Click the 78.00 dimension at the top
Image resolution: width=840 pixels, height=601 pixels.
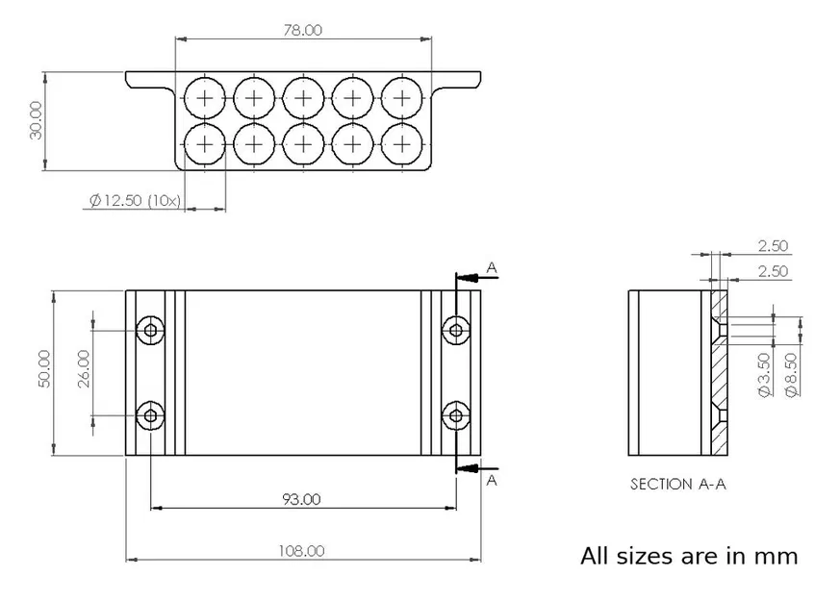coord(302,30)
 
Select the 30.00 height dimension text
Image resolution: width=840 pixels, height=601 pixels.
coord(37,121)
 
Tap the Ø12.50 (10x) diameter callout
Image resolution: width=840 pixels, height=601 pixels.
coord(135,200)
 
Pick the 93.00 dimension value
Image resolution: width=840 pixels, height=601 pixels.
coord(302,498)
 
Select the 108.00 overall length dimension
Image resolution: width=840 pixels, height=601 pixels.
coord(302,551)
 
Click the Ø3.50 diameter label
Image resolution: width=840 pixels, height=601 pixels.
coord(763,375)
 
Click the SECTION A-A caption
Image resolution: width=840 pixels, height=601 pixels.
coord(677,485)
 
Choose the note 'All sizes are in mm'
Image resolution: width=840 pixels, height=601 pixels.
coord(689,556)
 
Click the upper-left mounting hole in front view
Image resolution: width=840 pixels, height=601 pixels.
coord(151,331)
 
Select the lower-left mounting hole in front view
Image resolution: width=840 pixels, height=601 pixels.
coord(151,415)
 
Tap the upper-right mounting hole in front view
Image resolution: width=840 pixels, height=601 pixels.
coord(455,331)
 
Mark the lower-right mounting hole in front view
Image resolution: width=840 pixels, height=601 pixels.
coord(455,415)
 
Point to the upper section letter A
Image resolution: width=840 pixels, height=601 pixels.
coord(492,268)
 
